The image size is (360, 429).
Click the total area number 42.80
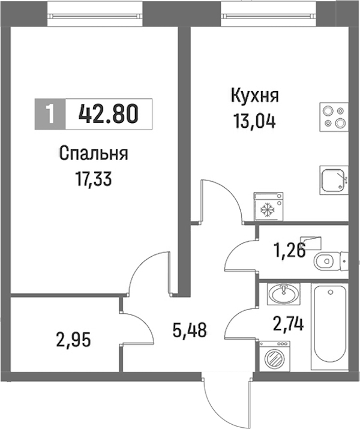109,114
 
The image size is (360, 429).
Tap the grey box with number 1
50,114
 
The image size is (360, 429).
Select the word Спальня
94,155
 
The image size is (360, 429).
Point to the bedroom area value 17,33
94,179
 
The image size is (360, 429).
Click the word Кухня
255,96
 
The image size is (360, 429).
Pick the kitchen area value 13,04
254,121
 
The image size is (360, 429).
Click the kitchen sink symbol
334,181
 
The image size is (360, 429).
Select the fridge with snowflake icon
269,206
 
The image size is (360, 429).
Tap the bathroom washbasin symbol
284,294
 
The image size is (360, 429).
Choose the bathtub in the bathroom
329,326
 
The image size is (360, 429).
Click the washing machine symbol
275,356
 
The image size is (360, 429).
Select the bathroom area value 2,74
288,325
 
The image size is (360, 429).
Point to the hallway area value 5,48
190,329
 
